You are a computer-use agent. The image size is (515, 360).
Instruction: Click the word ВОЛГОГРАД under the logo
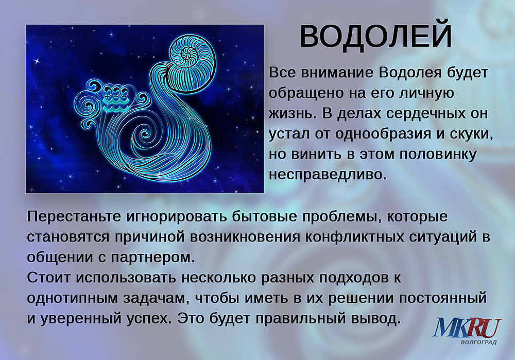click(478, 342)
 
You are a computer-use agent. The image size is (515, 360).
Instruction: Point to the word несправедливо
click(326, 175)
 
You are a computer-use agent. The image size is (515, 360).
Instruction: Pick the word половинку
click(438, 155)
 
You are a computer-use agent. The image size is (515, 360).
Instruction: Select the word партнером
click(153, 258)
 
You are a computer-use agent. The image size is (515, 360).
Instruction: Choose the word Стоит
click(48, 278)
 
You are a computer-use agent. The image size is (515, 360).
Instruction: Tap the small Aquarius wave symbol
click(115, 98)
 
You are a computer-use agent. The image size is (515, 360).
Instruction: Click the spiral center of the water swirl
click(145, 134)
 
